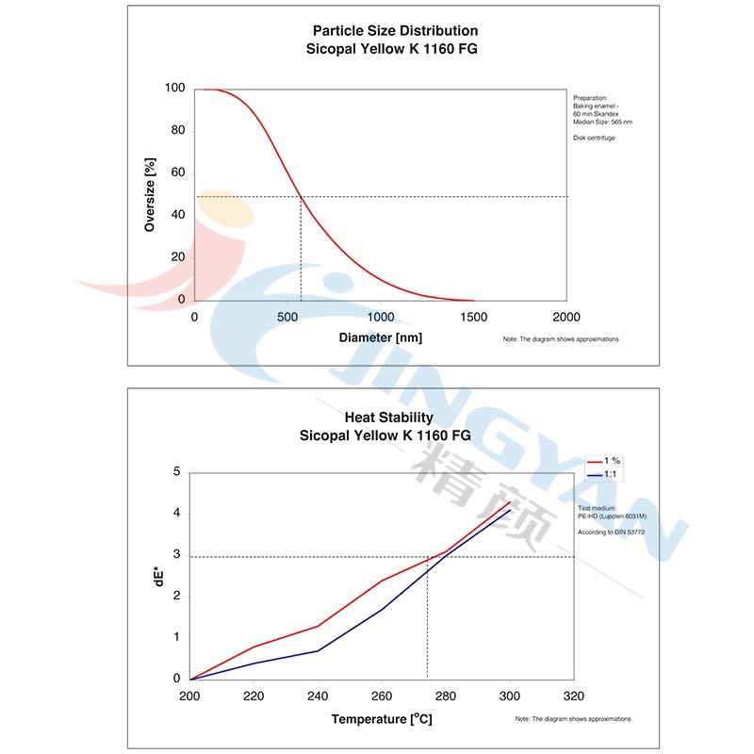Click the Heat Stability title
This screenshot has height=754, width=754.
388,418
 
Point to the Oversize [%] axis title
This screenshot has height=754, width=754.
150,195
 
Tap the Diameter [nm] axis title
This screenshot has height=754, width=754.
380,336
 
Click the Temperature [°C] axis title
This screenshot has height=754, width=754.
381,719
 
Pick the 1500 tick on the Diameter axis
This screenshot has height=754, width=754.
473,317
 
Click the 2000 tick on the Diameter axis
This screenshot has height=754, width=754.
565,317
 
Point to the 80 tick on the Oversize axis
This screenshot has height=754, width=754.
178,131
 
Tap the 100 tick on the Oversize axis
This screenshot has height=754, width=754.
175,89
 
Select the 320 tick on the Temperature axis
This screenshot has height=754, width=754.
572,697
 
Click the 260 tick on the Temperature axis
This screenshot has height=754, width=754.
382,697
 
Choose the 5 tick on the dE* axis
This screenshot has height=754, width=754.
176,472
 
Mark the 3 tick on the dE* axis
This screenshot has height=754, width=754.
176,555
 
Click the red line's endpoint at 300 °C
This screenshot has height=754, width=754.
510,501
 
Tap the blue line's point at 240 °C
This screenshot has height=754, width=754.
318,650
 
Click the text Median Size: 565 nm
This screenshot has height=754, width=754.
602,122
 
